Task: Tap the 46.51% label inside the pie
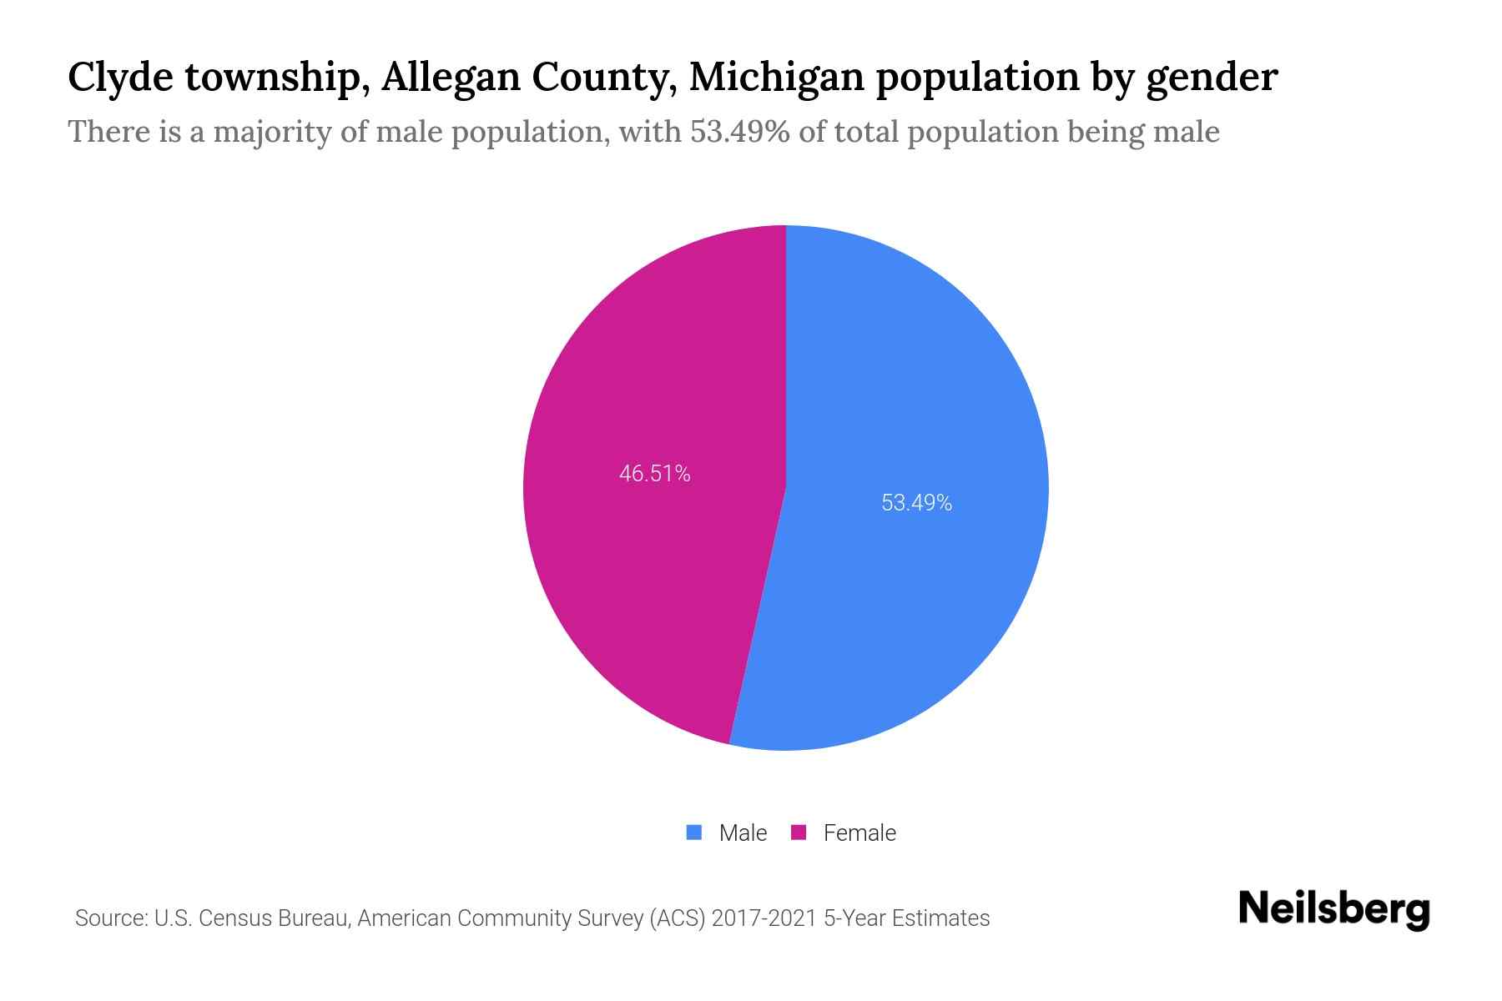(654, 474)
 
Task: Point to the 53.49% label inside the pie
(916, 503)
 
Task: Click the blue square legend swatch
(693, 832)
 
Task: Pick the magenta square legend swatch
(799, 832)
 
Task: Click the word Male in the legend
(743, 832)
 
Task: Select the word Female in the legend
(859, 832)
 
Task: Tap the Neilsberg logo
(1333, 908)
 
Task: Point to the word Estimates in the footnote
(940, 918)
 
